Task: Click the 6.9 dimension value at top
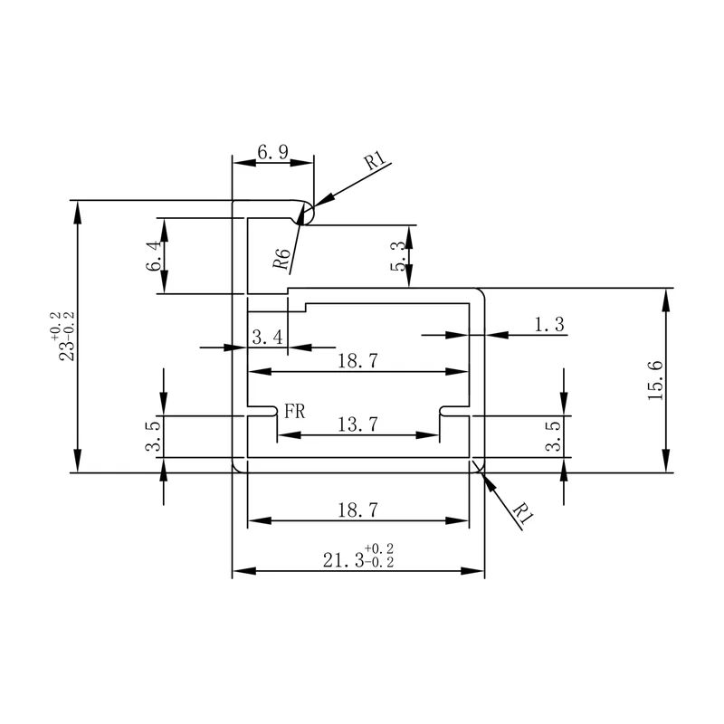[272, 151]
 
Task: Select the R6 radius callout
[281, 259]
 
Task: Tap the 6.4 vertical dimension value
[154, 255]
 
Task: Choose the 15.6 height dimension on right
[655, 380]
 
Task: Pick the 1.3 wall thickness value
[549, 324]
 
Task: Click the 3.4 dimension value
[267, 337]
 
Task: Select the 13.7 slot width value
[357, 424]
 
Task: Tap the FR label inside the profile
[295, 411]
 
